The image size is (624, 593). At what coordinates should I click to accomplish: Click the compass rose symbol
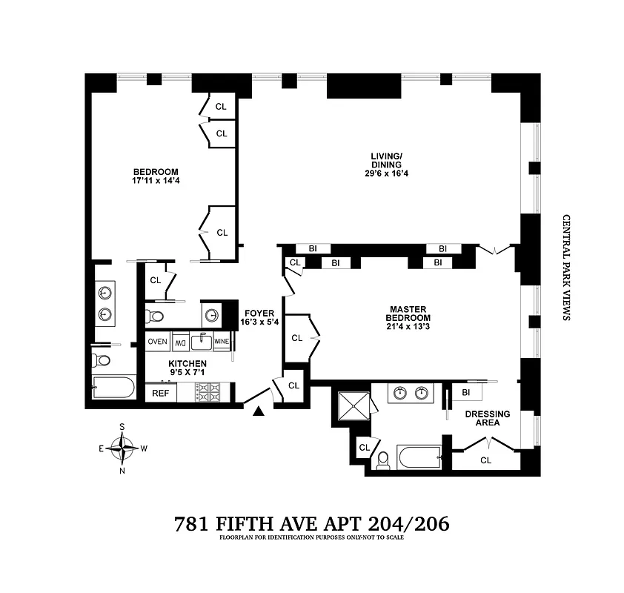(x=122, y=447)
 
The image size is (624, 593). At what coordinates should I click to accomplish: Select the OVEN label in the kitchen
(x=157, y=342)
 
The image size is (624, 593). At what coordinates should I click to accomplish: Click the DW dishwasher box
(x=180, y=342)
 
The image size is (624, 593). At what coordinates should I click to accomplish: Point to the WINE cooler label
(x=222, y=342)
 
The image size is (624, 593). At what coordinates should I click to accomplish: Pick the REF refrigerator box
(x=159, y=394)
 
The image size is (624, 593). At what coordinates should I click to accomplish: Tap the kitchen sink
(x=202, y=342)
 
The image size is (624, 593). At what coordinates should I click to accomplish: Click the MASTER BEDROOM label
(x=405, y=314)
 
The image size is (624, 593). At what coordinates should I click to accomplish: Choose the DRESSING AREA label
(x=487, y=418)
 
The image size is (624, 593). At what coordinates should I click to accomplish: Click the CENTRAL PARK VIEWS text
(x=565, y=268)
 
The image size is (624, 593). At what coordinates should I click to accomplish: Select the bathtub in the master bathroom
(x=419, y=457)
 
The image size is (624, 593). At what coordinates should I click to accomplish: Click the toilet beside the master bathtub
(x=383, y=462)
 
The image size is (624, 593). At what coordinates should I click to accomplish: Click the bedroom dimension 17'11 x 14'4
(x=156, y=180)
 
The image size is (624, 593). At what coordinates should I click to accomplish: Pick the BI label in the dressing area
(x=466, y=392)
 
